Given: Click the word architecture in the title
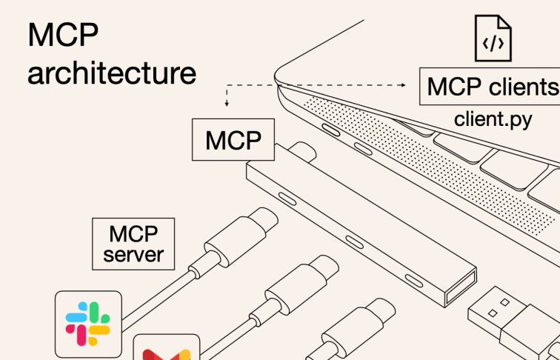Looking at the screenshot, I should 112,74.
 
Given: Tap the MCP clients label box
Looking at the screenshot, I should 490,87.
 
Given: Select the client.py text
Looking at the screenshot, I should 493,119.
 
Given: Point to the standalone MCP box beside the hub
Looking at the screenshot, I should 233,139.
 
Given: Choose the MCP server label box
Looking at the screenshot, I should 133,244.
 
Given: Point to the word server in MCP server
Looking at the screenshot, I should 133,256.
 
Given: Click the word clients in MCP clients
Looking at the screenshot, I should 522,87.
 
